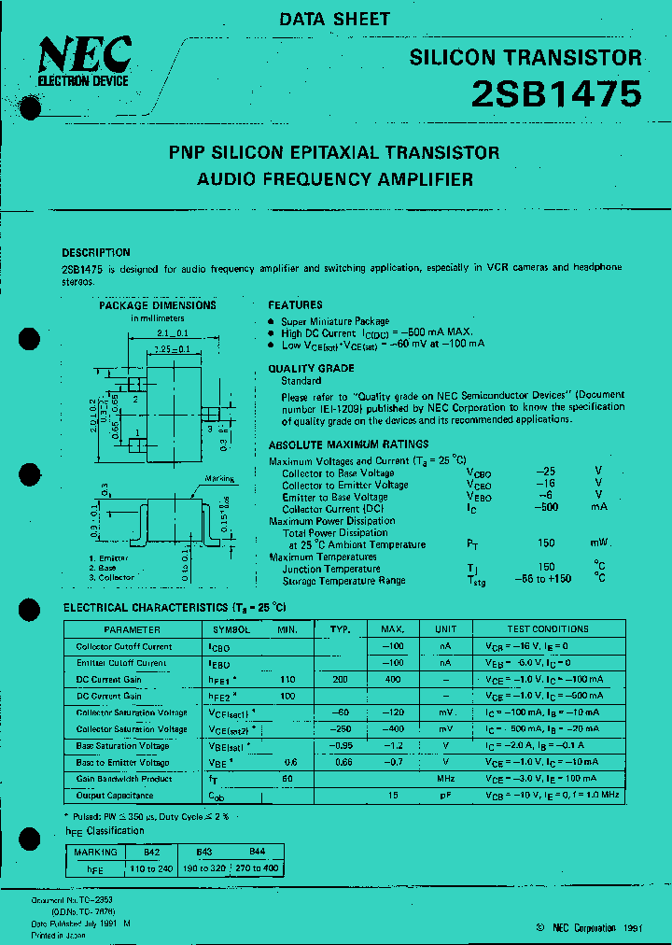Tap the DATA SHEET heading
(x=335, y=19)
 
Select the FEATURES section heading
(x=295, y=305)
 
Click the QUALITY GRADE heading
(x=311, y=369)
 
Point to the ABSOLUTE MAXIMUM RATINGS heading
(x=349, y=445)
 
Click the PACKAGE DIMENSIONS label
(x=158, y=305)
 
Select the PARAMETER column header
(x=132, y=629)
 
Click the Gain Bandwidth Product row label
(x=124, y=779)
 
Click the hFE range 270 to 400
(x=259, y=868)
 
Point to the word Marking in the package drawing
(x=219, y=479)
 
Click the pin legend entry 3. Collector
(x=112, y=578)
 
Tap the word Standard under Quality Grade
(x=302, y=381)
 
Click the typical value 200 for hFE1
(x=343, y=680)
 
